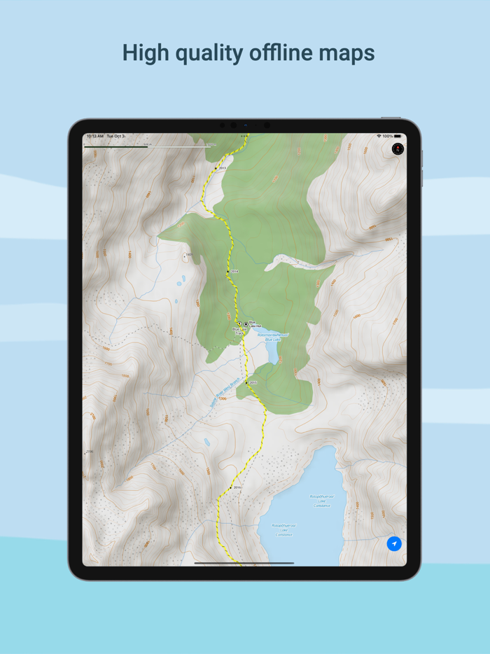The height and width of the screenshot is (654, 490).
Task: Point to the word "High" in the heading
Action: tap(145, 53)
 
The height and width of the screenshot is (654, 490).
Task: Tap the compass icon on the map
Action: tap(398, 148)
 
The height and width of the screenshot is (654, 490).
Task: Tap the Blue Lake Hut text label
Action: tap(255, 325)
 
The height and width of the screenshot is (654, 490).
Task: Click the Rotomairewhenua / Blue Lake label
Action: tap(272, 337)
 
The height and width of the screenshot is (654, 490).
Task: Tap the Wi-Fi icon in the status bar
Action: tap(379, 136)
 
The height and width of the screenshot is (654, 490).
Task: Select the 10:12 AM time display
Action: tap(94, 136)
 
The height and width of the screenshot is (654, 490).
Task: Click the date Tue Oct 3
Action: tap(116, 136)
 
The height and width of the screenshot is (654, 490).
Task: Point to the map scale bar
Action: tap(147, 146)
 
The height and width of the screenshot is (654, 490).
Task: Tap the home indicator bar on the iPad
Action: tap(244, 562)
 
